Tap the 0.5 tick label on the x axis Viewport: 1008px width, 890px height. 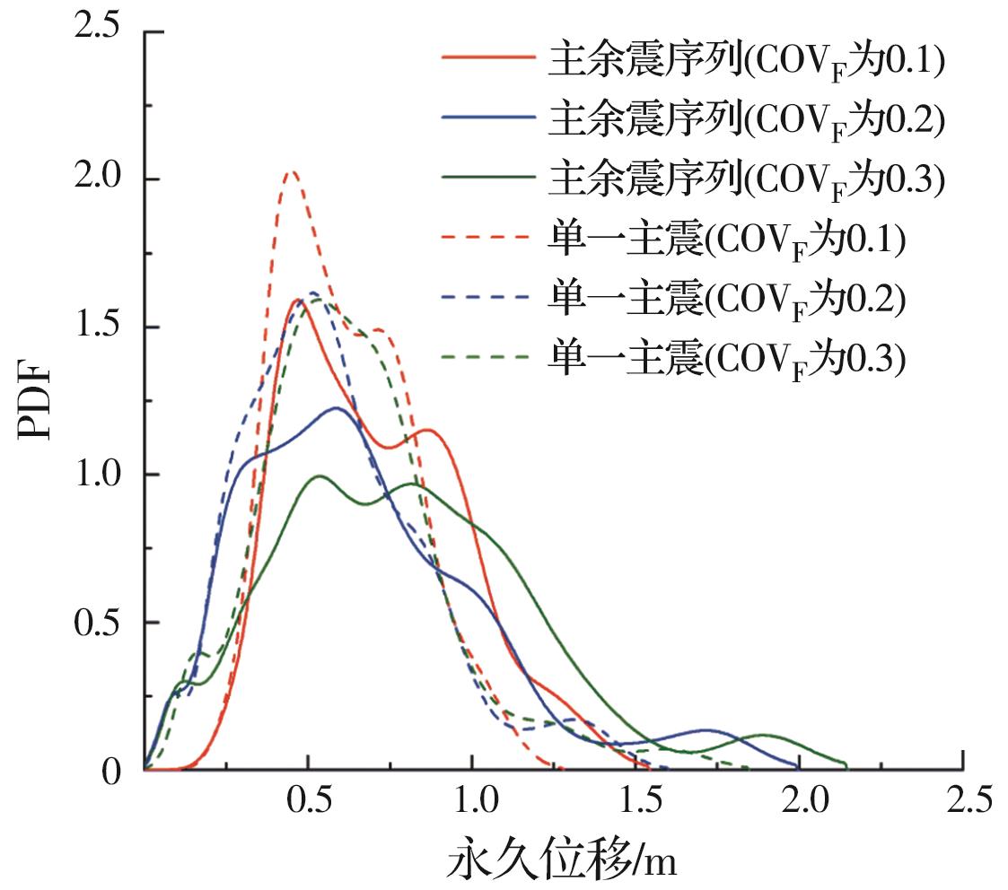(308, 800)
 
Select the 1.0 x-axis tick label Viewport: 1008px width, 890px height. (472, 800)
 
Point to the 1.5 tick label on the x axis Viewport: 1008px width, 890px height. (636, 800)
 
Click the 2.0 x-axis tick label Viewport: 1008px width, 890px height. (800, 800)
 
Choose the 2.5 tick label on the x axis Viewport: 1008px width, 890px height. (964, 800)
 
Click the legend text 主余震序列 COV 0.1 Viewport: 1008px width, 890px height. (745, 61)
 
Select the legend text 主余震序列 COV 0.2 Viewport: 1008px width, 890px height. (745, 120)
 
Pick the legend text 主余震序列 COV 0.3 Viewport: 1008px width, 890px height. (745, 179)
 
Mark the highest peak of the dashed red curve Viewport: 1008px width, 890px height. (290, 172)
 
